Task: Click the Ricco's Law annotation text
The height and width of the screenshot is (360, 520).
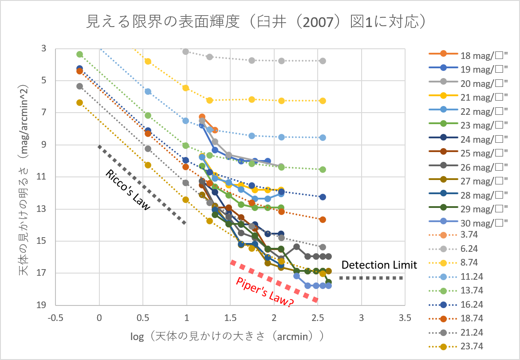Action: tap(127, 188)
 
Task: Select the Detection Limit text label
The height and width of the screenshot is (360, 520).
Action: tap(379, 265)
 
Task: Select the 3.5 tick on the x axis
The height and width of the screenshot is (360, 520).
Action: tap(404, 317)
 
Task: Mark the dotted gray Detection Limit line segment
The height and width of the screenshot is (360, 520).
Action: tap(371, 278)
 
